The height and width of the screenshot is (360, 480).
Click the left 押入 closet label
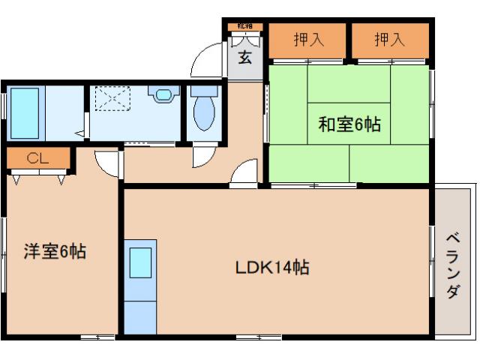(x=307, y=39)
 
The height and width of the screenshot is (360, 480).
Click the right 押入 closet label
(x=390, y=39)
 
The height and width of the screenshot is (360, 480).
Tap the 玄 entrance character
(x=245, y=58)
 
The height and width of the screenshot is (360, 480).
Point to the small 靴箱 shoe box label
(x=245, y=27)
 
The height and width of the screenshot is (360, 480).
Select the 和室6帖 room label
(x=349, y=124)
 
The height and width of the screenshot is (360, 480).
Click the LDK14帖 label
(x=274, y=267)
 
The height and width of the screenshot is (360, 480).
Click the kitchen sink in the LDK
(x=140, y=263)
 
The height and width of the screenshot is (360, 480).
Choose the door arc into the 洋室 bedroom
(x=108, y=163)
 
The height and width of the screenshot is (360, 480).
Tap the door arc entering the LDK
(x=244, y=174)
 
